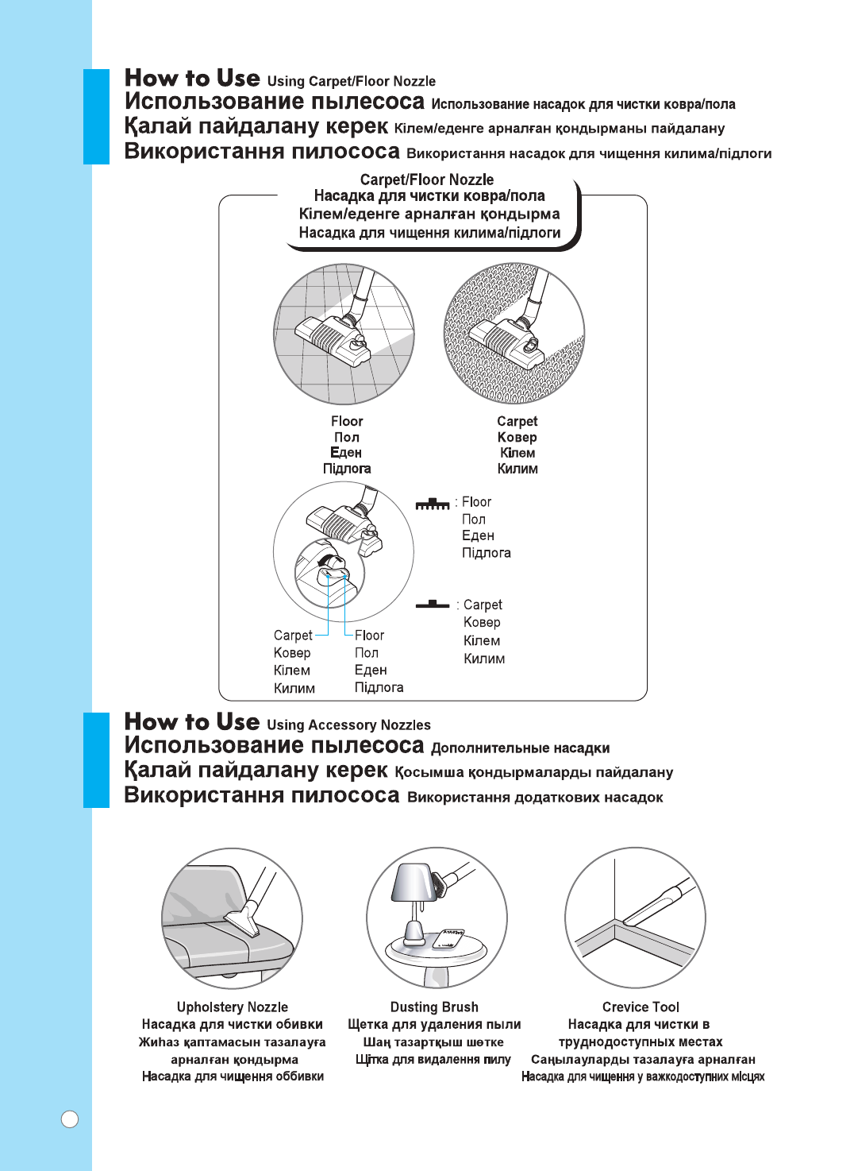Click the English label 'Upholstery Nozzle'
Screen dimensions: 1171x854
232,1007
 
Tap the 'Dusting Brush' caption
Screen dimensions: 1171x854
434,1007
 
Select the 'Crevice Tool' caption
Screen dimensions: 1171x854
640,1007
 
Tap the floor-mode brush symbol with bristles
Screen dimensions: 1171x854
433,504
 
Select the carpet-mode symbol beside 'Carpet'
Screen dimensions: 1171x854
433,605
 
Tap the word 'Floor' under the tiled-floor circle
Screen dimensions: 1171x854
347,421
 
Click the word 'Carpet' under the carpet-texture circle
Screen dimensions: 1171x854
517,421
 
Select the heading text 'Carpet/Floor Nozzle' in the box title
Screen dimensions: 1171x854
427,180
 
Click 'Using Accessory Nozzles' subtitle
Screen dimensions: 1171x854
349,725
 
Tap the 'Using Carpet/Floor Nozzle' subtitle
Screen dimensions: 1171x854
352,81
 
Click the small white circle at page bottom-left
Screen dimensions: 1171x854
70,1119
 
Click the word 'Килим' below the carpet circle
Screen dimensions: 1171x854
517,469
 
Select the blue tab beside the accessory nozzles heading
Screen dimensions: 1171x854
96,759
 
